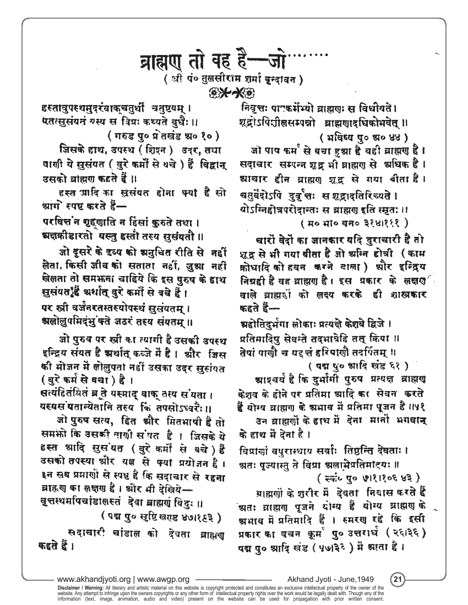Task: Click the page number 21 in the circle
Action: click(398, 579)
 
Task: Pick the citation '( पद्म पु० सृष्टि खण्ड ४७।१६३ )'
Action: click(161, 516)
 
